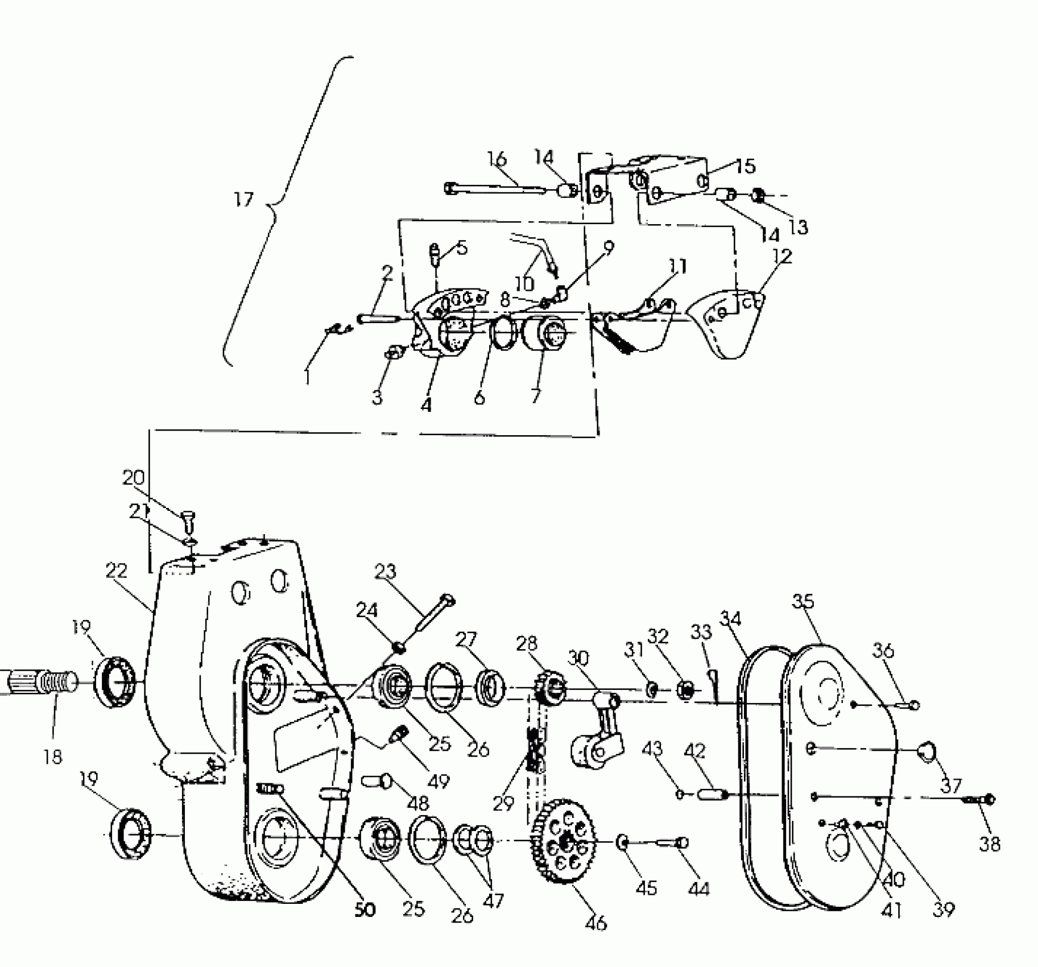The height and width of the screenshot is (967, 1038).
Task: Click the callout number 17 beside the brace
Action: pos(243,200)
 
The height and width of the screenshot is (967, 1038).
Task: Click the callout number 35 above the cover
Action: pos(803,601)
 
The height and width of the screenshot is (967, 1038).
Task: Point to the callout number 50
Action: pos(365,910)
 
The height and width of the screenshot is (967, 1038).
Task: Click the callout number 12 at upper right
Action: pos(783,257)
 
